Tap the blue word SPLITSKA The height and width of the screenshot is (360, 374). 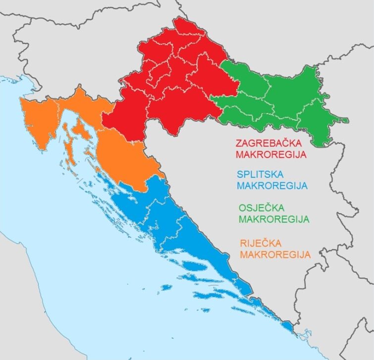(x=261, y=175)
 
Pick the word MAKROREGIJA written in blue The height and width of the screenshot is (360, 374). (x=272, y=186)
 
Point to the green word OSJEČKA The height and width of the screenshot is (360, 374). (x=259, y=207)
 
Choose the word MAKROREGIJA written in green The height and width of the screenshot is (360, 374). (x=274, y=219)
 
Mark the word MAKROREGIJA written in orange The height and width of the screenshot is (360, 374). (x=275, y=255)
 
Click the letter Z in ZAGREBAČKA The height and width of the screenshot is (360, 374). (x=239, y=143)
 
